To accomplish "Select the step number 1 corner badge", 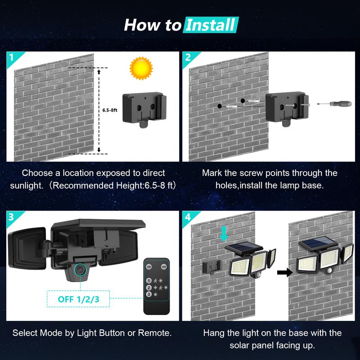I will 11,57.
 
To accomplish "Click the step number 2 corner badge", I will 187,57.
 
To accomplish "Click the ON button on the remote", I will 149,267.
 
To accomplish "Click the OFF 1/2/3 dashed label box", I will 79,298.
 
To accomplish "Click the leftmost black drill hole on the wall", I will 219,106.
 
